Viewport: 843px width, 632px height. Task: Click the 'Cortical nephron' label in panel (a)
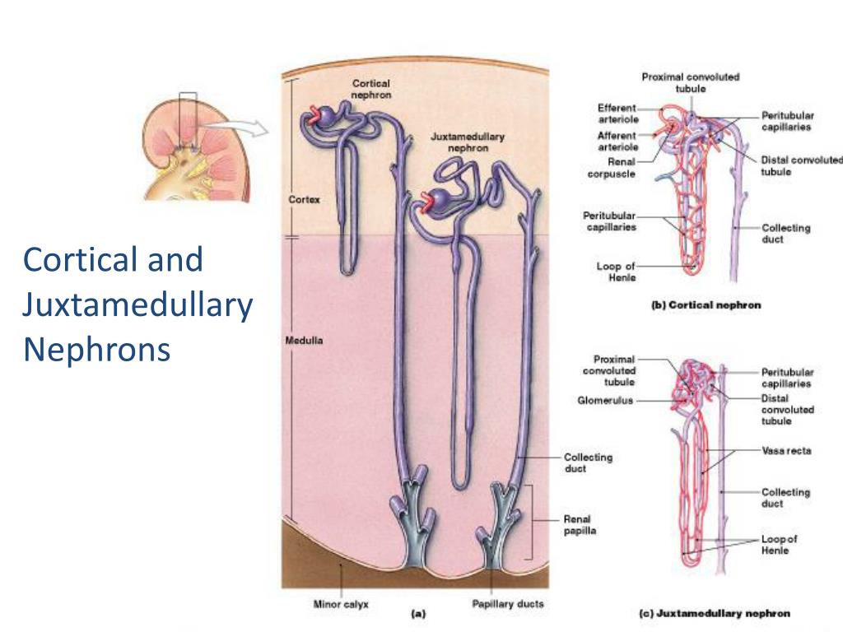[x=370, y=89]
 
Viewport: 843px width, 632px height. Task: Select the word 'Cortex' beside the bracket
[x=299, y=199]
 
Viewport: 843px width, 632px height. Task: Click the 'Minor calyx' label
[x=341, y=604]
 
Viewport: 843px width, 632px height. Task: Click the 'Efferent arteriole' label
[x=617, y=114]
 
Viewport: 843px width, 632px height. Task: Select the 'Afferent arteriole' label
[x=617, y=141]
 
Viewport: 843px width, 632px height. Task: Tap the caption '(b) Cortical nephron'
[x=706, y=305]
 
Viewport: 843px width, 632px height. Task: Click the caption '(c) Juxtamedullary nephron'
[x=715, y=613]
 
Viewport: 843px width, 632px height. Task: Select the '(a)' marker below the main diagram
[x=417, y=612]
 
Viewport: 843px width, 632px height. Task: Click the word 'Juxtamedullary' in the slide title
[x=137, y=305]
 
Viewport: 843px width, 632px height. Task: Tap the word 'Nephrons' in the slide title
[x=96, y=350]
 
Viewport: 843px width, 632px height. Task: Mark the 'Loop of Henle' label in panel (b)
[x=617, y=272]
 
